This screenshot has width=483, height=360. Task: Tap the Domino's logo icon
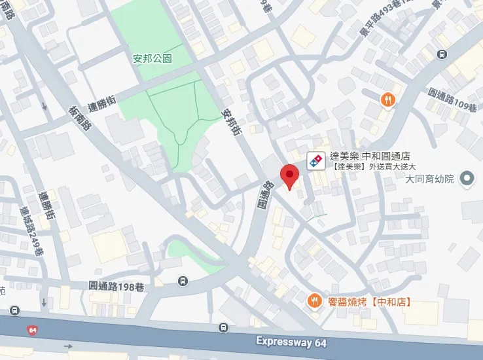coord(315,160)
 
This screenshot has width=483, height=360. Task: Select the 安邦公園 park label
coord(152,58)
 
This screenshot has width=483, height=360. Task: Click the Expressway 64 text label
coord(291,342)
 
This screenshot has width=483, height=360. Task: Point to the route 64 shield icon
coord(33,330)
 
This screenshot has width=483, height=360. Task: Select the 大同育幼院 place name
coord(429,178)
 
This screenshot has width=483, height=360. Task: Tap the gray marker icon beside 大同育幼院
coord(467,178)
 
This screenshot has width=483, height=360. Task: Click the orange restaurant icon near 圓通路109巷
coord(388,99)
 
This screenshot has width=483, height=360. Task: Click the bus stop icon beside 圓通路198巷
coord(183,281)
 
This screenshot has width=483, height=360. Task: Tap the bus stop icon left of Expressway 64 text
coord(224,328)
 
